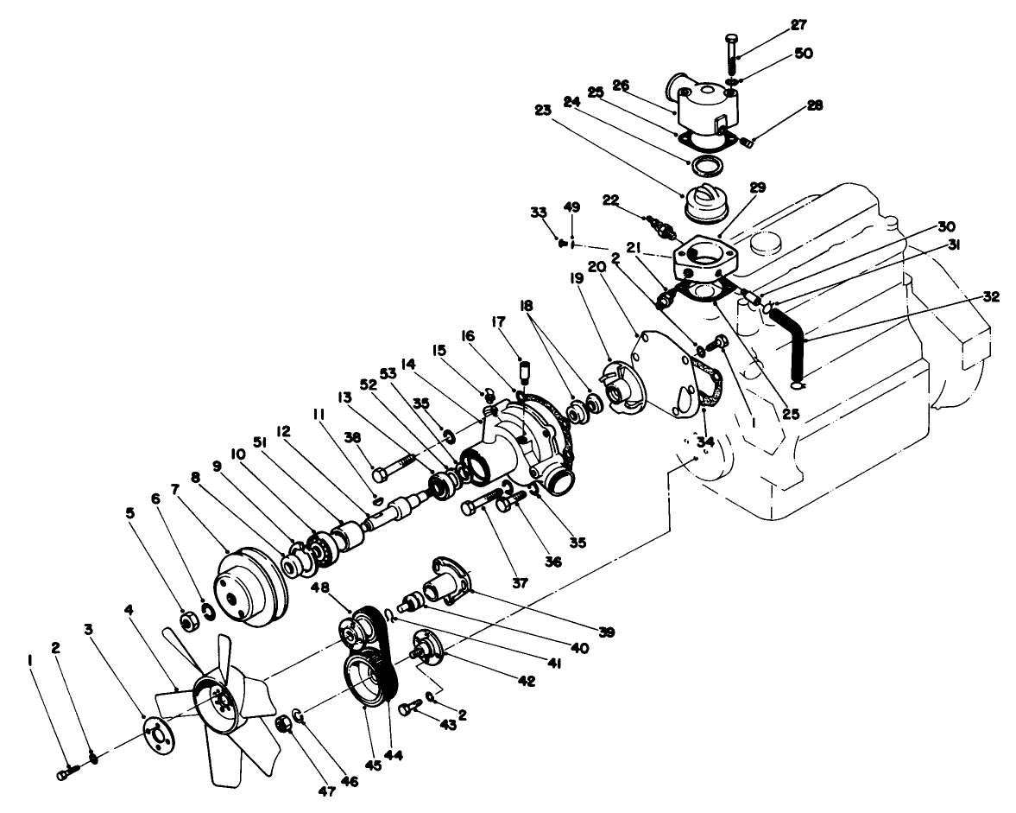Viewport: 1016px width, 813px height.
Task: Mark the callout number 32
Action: [x=989, y=296]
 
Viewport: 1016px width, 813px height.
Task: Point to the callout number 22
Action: [x=610, y=200]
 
